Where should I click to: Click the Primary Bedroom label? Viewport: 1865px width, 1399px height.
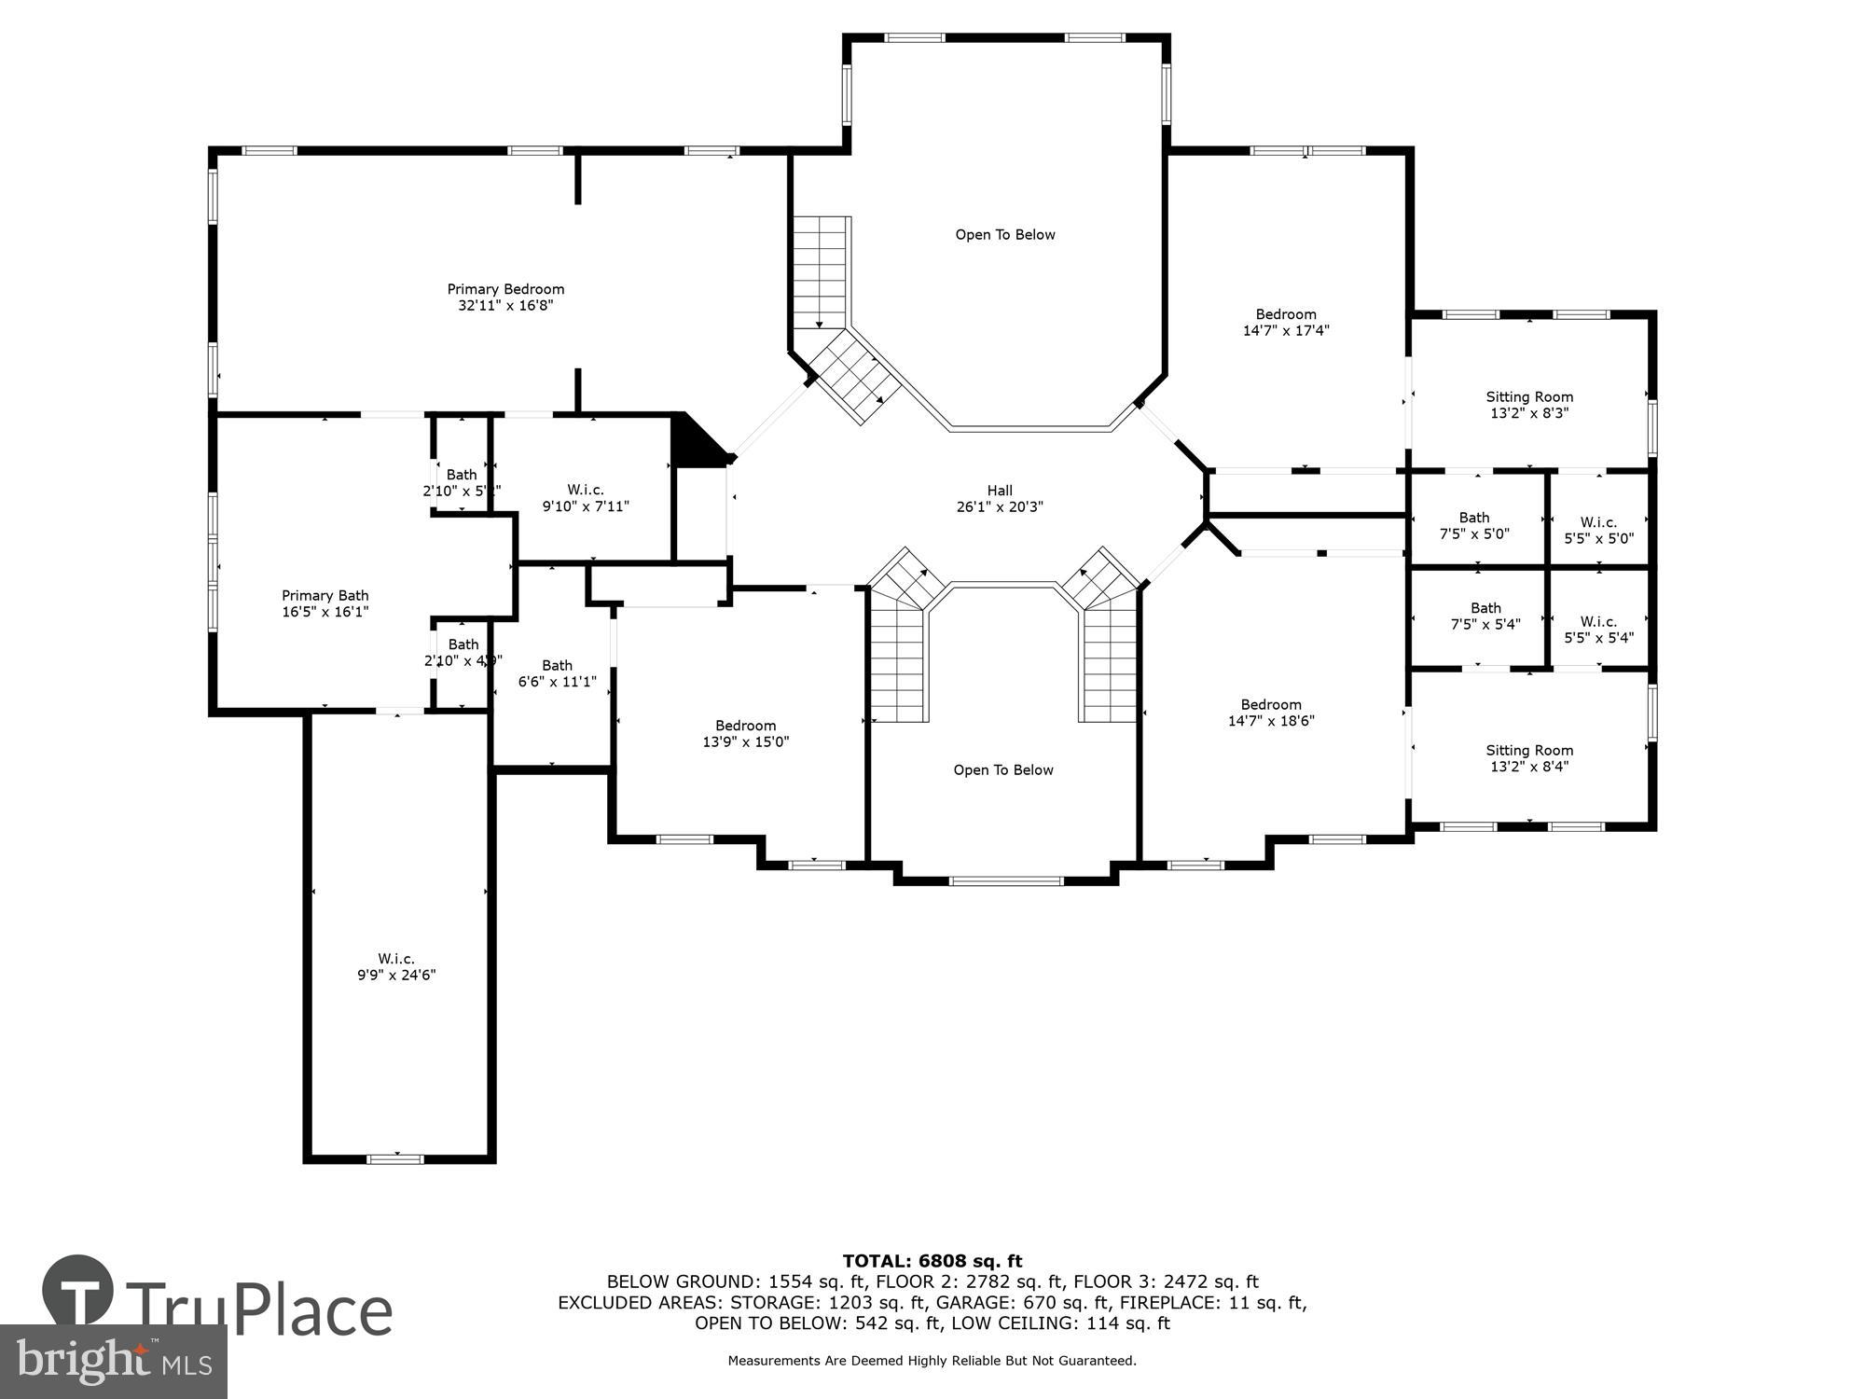pyautogui.click(x=505, y=297)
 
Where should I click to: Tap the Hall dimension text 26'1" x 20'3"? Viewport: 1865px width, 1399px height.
pyautogui.click(x=1000, y=507)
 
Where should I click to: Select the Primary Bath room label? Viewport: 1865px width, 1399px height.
pyautogui.click(x=325, y=603)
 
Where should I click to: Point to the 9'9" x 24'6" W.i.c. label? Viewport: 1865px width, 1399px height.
pyautogui.click(x=396, y=967)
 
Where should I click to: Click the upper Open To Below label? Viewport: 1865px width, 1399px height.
pyautogui.click(x=1005, y=235)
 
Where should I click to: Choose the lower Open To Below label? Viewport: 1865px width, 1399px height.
pyautogui.click(x=1003, y=770)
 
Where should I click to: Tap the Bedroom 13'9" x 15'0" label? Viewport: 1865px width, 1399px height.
pyautogui.click(x=745, y=734)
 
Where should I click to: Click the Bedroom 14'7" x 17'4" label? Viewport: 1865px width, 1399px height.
pyautogui.click(x=1286, y=322)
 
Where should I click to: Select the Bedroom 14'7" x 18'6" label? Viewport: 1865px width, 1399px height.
pyautogui.click(x=1271, y=713)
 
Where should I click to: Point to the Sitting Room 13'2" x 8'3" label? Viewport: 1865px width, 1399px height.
pyautogui.click(x=1529, y=405)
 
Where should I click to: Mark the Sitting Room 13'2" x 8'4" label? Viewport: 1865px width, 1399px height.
pyautogui.click(x=1529, y=758)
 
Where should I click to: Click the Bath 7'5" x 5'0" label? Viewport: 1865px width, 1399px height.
pyautogui.click(x=1474, y=526)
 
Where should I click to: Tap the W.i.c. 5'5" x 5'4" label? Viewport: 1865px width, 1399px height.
pyautogui.click(x=1598, y=630)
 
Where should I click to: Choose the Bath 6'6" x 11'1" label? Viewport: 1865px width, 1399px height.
pyautogui.click(x=557, y=673)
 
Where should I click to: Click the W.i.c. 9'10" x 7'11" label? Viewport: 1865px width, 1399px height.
pyautogui.click(x=586, y=498)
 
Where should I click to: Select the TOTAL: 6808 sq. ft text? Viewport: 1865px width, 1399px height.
pyautogui.click(x=932, y=1262)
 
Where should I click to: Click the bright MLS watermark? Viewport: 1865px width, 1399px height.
pyautogui.click(x=114, y=1361)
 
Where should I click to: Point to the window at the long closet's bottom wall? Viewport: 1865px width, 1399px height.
pyautogui.click(x=395, y=1159)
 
